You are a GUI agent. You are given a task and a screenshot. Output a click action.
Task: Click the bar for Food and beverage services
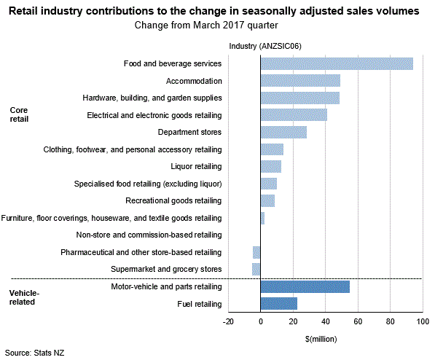pos(337,63)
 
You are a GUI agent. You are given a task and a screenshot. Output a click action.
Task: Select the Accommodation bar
pos(300,80)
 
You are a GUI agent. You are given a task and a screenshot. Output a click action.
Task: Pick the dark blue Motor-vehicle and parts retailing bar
pos(305,286)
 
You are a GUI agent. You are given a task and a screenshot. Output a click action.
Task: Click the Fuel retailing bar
pos(278,303)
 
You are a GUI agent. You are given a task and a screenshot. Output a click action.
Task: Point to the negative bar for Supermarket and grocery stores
pos(256,269)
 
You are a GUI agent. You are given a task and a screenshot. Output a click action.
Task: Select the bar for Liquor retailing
pos(270,166)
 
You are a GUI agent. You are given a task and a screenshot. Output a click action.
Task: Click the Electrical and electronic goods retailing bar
pos(294,114)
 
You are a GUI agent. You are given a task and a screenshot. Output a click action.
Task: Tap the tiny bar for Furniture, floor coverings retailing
pos(262,218)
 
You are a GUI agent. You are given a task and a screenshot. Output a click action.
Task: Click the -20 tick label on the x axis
pos(228,321)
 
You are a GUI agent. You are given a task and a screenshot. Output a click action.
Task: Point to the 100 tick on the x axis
pos(422,321)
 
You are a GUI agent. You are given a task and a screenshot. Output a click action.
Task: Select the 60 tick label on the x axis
pos(358,321)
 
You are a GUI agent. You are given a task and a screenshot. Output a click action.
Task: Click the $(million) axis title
pos(325,339)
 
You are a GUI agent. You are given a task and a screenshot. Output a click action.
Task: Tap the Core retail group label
pos(19,114)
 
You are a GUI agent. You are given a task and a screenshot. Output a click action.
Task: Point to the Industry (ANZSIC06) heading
pos(265,46)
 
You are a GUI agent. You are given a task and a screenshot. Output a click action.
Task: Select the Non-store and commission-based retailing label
pos(149,235)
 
